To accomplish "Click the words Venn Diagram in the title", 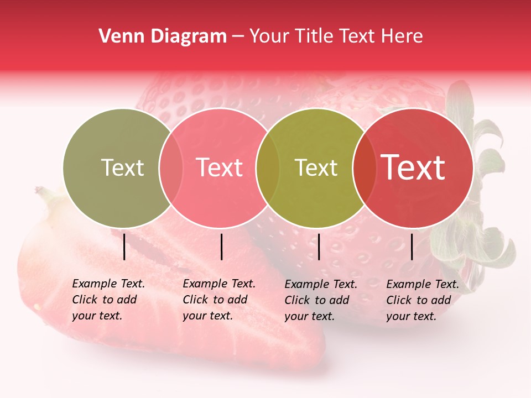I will tap(163, 36).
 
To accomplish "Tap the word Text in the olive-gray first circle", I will tap(122, 168).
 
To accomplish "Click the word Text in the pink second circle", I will tap(220, 168).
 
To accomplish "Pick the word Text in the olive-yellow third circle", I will tap(316, 168).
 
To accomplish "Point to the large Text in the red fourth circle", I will tap(413, 168).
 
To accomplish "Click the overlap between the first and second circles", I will tap(171, 168).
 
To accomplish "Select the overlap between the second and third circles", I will tap(268, 168).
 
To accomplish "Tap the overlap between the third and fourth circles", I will tap(364, 168).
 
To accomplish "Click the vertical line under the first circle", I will tap(124, 247).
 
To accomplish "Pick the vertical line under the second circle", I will tap(221, 247).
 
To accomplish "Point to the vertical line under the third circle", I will tap(319, 247).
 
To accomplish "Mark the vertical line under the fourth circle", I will tap(412, 247).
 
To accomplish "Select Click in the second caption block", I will tap(196, 300).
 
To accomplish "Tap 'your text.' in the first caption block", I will tap(97, 316).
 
